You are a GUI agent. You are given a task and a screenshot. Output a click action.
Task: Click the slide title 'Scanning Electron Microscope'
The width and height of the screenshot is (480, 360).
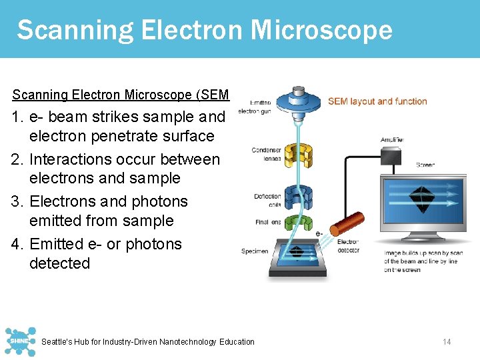coord(204,30)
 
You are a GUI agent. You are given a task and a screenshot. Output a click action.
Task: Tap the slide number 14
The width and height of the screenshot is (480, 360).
coord(447,342)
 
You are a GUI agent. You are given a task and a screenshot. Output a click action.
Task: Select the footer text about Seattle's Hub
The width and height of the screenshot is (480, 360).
coord(148,342)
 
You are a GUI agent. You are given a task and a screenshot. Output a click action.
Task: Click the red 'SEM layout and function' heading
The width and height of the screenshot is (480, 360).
coord(377,101)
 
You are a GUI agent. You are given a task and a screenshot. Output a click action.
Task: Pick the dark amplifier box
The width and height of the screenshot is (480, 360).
coord(391,155)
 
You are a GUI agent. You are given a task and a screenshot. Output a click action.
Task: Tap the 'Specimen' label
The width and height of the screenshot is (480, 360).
coord(255,251)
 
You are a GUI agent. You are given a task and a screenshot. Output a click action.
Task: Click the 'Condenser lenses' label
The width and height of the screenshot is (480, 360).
coord(266,155)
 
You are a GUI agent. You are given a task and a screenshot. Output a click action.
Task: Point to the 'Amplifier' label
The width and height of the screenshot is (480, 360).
coord(391,140)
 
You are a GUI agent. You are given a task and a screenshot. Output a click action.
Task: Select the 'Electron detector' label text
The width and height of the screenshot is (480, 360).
coord(348,246)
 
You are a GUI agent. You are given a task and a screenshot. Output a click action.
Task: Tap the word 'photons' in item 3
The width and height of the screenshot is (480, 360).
coord(154,201)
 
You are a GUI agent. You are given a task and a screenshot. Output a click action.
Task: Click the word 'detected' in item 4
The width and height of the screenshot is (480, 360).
coord(59,263)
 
